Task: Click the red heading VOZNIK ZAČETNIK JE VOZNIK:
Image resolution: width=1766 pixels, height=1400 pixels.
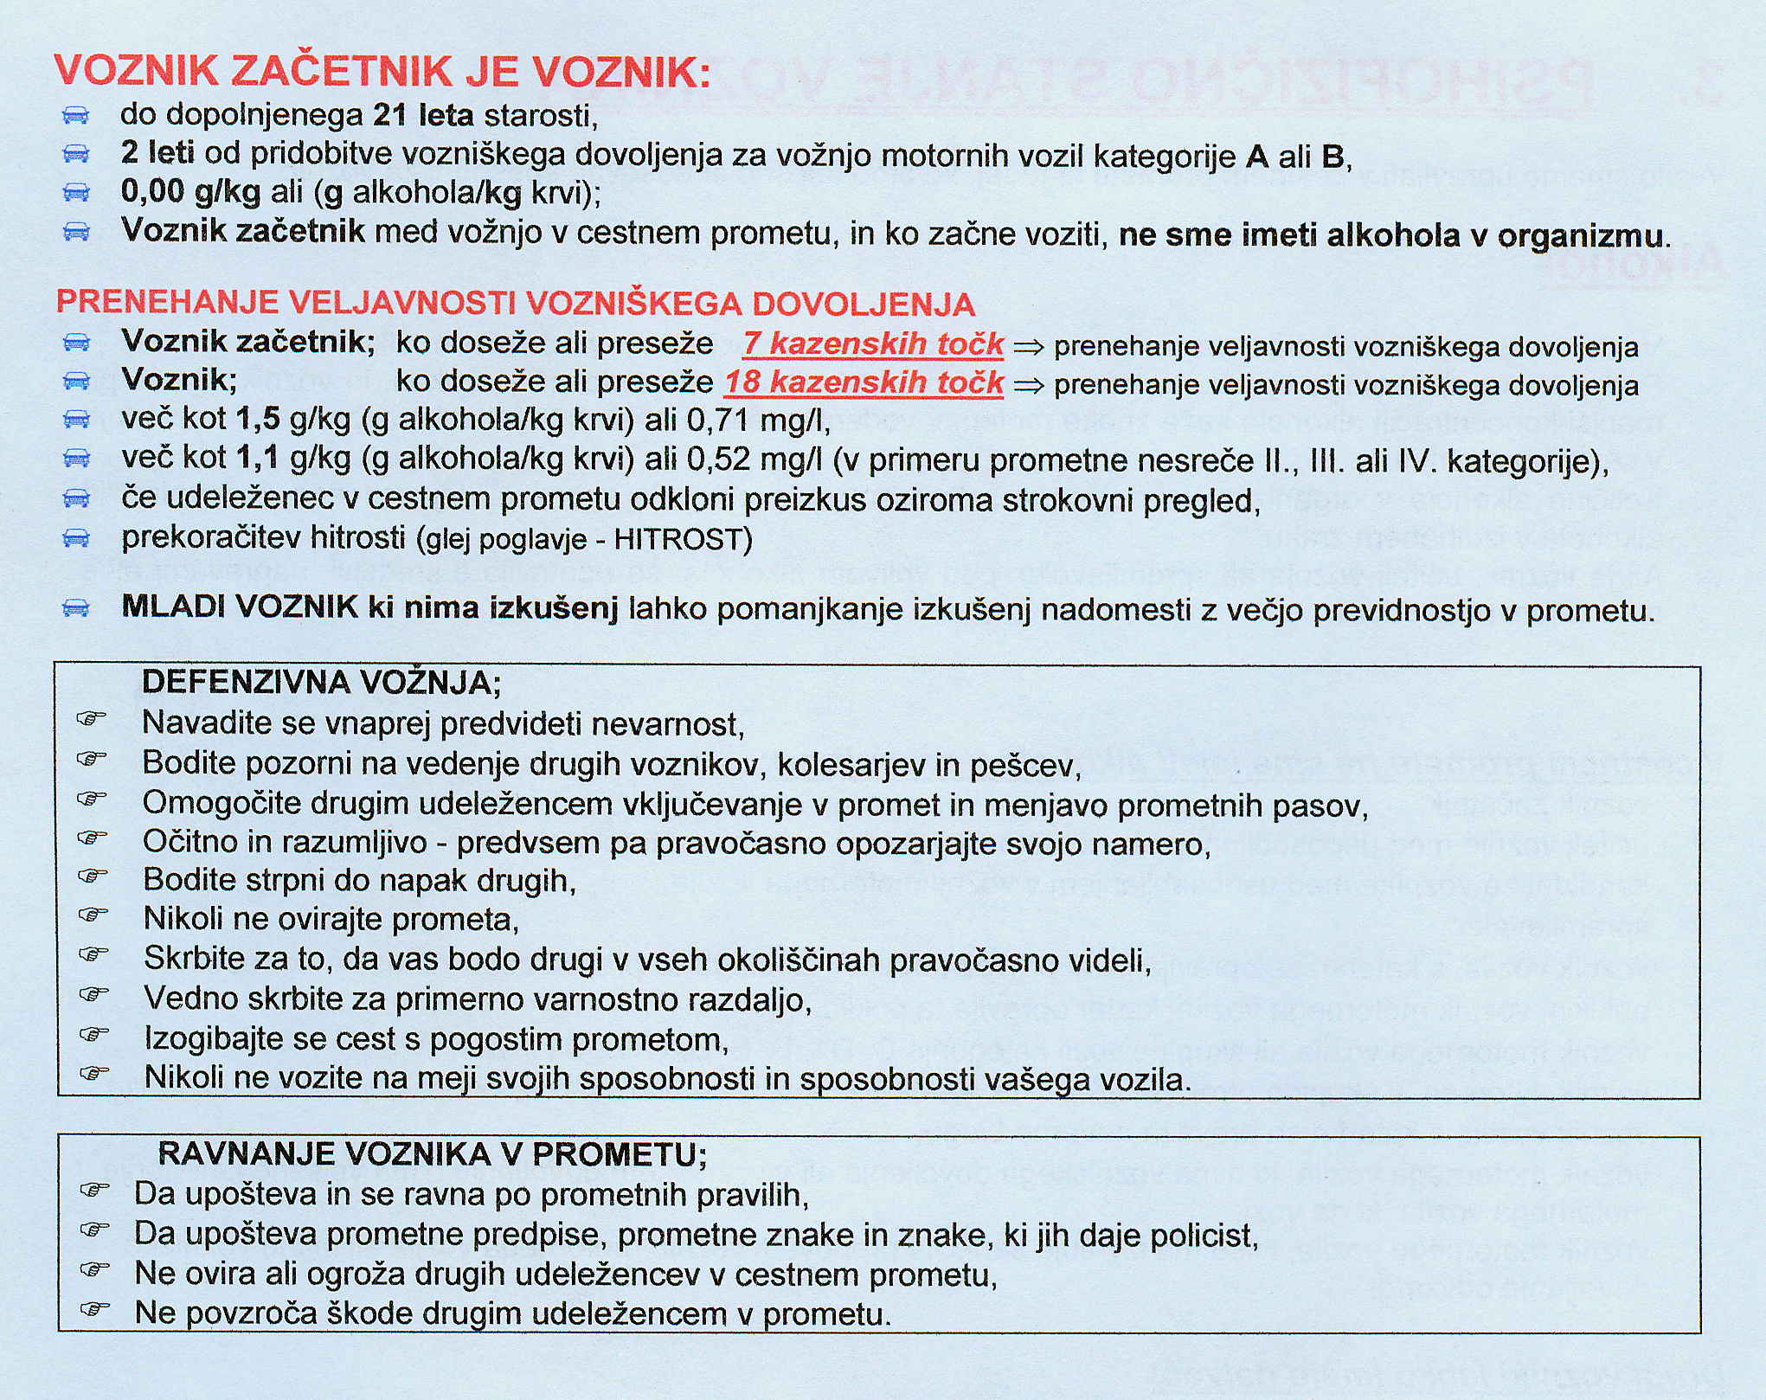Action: [382, 72]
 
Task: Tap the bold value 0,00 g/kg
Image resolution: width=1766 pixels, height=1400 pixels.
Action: [191, 193]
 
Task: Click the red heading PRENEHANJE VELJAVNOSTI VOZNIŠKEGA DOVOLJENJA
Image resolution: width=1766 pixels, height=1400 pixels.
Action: [516, 304]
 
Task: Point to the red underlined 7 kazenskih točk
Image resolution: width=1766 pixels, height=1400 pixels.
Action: [873, 344]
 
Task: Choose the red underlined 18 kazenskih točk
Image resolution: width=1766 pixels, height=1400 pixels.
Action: [864, 382]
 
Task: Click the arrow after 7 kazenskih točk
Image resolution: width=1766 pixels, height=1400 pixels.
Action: [1028, 347]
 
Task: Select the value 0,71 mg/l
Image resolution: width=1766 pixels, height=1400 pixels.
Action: [758, 421]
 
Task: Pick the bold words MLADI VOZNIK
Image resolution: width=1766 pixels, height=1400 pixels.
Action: [240, 607]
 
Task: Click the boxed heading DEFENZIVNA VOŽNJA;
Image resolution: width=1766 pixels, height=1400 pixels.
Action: [321, 684]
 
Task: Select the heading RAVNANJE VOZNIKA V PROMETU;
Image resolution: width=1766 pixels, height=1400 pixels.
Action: [433, 1154]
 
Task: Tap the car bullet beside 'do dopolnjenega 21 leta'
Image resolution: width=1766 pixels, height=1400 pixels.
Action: [76, 116]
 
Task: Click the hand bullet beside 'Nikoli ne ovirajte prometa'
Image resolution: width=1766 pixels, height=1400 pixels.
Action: [92, 915]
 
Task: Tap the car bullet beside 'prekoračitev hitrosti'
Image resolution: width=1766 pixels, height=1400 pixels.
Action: [76, 539]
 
